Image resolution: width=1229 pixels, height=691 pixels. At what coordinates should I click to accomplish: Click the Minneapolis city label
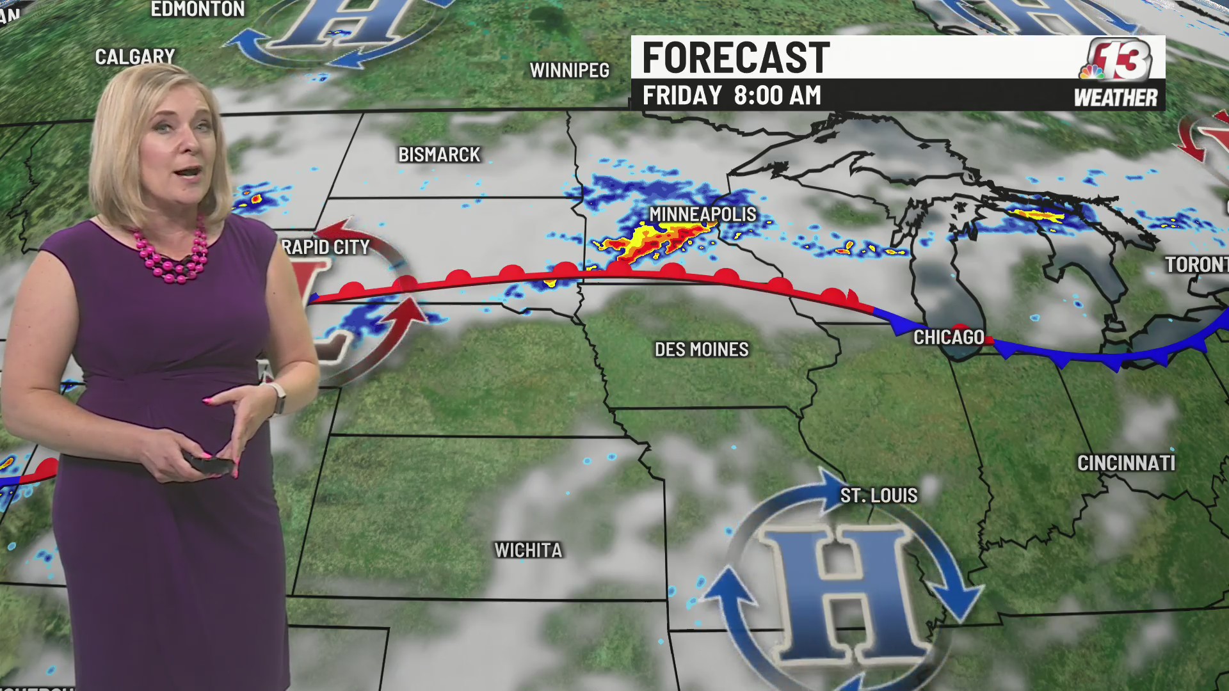pos(703,214)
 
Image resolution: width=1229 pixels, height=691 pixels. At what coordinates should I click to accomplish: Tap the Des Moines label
pos(702,349)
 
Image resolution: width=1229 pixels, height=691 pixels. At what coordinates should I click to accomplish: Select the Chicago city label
pos(949,337)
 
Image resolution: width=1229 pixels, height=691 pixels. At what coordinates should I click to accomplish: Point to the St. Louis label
pos(879,495)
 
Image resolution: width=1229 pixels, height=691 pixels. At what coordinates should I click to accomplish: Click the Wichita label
pos(528,550)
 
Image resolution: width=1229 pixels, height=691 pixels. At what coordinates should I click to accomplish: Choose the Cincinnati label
pos(1126,463)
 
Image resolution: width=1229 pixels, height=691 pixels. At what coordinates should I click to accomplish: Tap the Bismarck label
pos(439,155)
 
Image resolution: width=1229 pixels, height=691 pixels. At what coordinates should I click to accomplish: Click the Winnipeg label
pos(569,70)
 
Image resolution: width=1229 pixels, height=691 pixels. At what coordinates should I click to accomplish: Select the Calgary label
pos(135,57)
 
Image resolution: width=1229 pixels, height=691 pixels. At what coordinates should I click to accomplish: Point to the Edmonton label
pos(198,10)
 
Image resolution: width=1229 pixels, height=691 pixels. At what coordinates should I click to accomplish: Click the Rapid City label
pos(326,247)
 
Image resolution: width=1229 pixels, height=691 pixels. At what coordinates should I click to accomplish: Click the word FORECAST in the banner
pos(736,58)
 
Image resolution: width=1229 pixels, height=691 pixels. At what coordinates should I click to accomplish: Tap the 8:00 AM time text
pos(777,96)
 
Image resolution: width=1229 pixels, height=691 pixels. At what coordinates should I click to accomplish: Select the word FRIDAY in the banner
pos(682,96)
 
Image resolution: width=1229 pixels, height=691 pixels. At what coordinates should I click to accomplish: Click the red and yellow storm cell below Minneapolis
pos(650,243)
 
